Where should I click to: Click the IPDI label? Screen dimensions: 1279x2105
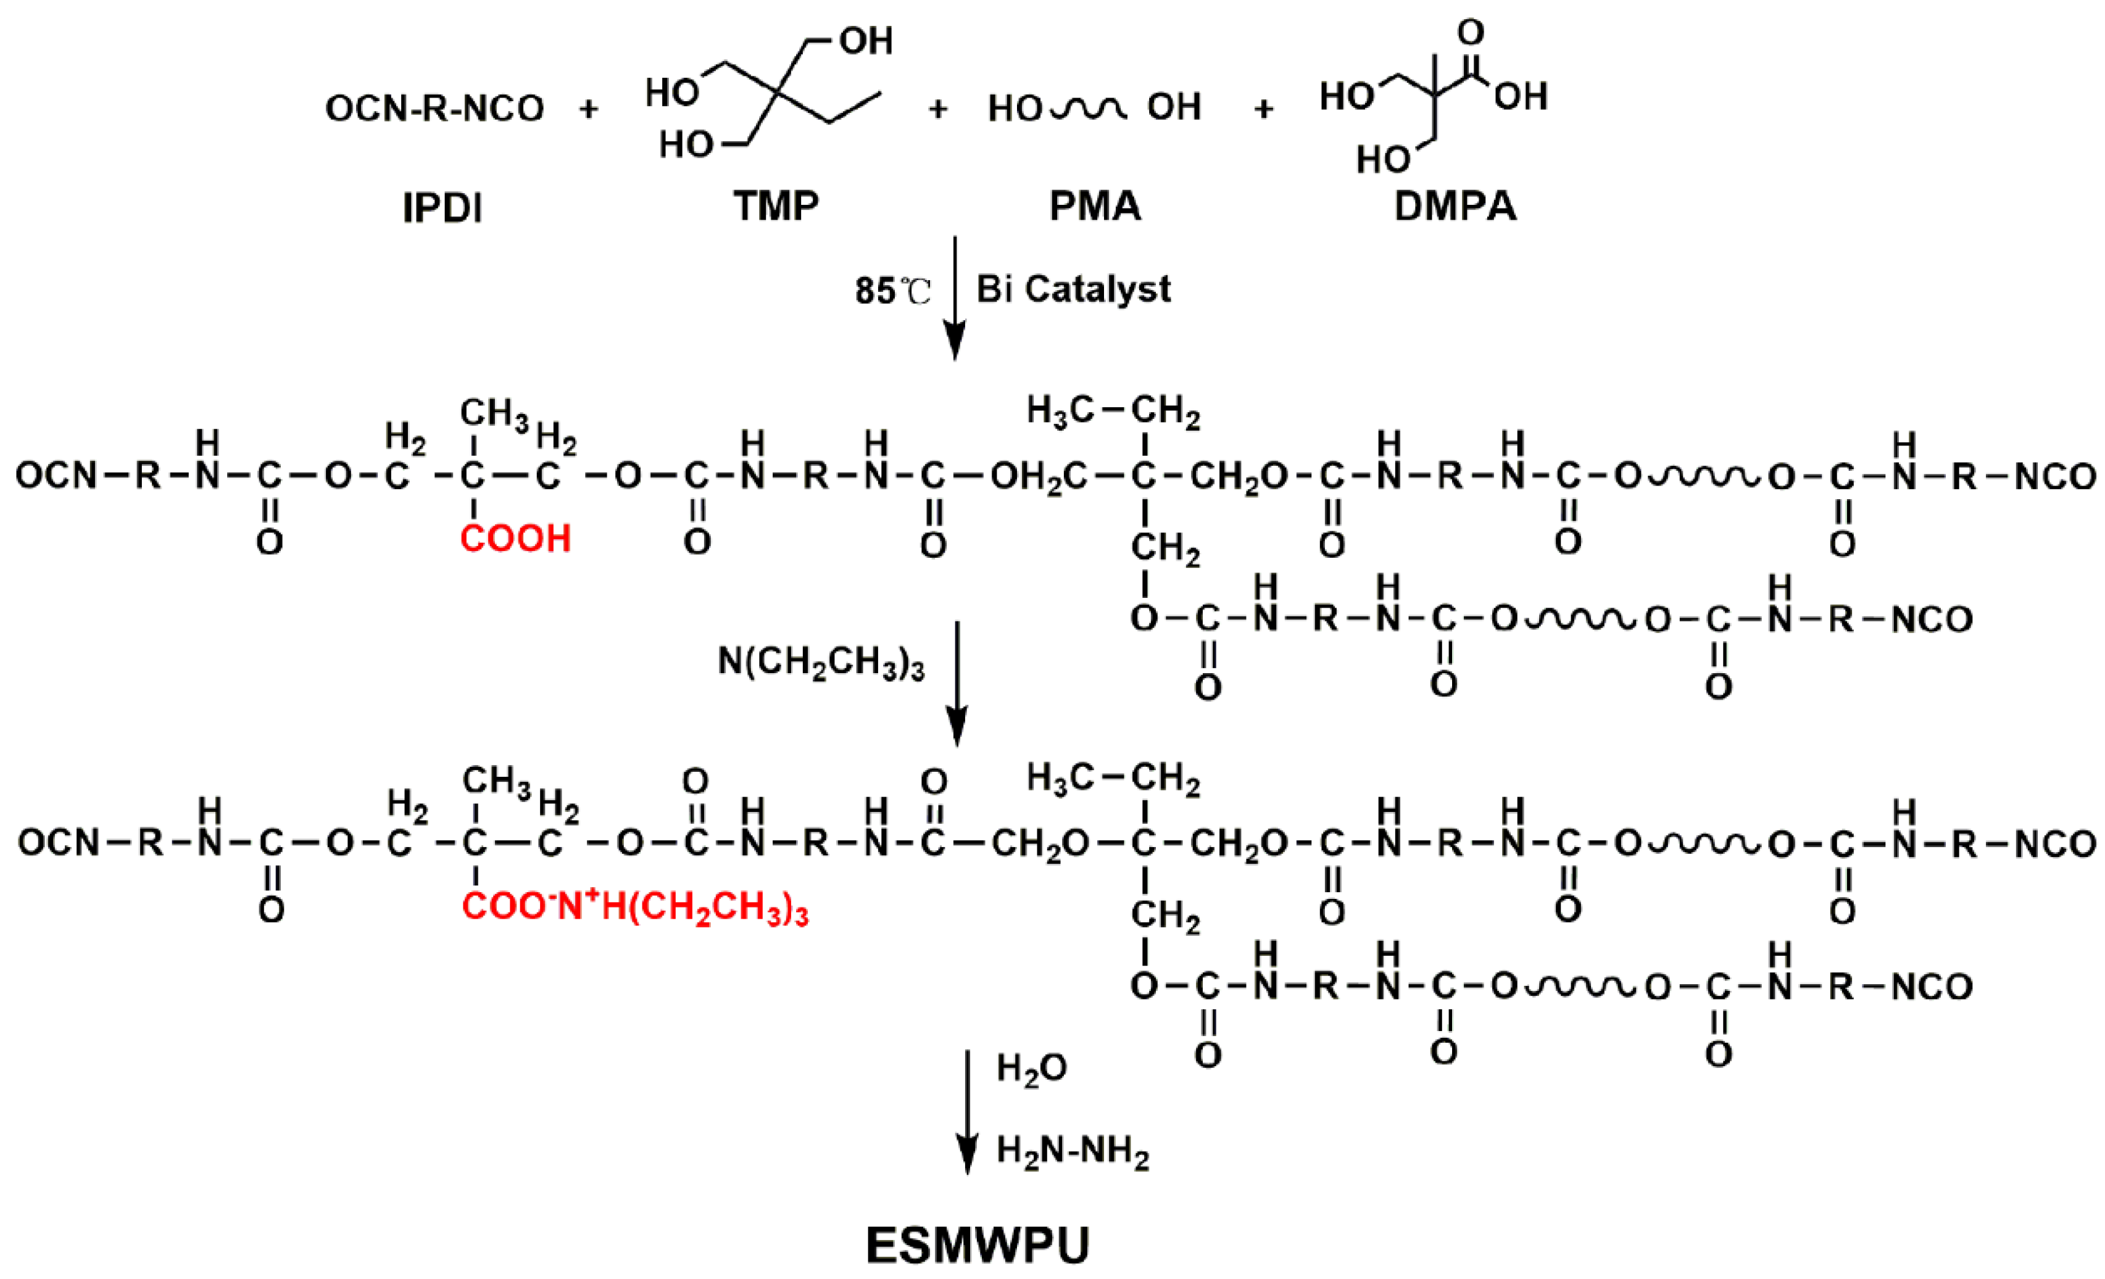coord(442,207)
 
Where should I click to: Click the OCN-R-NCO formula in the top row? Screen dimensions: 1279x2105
coord(434,109)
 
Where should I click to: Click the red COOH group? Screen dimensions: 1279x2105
coord(515,539)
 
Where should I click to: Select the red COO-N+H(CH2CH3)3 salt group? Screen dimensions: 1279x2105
coord(635,908)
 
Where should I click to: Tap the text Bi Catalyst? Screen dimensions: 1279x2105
coord(1073,289)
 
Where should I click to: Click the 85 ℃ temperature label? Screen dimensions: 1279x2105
coord(892,291)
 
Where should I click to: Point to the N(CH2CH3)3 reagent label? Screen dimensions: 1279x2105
coord(820,662)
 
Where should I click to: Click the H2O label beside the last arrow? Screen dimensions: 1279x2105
coord(1031,1069)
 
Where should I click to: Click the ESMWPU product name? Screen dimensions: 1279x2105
coord(978,1245)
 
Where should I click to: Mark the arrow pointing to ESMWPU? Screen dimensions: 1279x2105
coord(967,1111)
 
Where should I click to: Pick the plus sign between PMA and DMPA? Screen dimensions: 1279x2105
coord(1263,109)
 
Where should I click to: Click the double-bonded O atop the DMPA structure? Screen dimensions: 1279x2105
coord(1470,33)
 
